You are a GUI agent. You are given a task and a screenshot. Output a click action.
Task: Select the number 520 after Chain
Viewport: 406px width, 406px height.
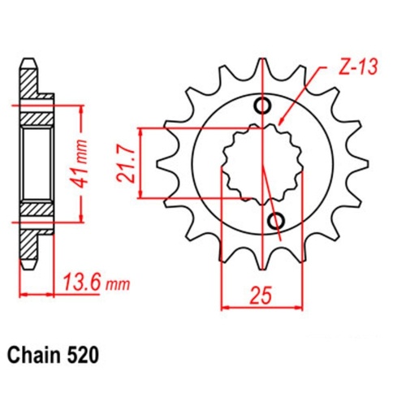84,356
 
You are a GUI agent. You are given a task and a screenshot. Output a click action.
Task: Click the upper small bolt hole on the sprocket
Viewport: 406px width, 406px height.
264,106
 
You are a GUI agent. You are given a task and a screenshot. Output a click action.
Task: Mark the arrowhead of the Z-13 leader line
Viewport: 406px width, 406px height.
281,122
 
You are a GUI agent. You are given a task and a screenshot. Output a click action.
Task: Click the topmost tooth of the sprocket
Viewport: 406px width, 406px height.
261,68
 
